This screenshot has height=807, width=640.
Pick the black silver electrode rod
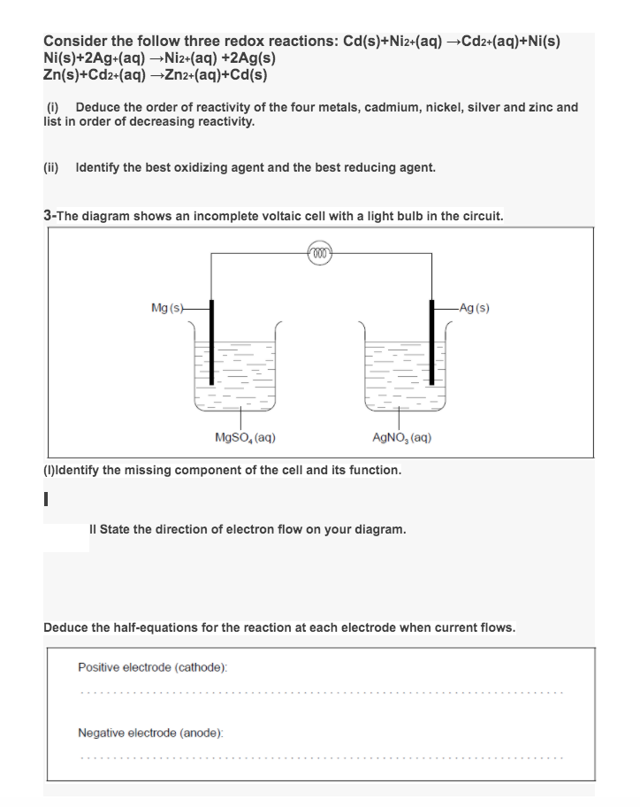431,341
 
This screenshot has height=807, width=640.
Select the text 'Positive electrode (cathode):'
153,665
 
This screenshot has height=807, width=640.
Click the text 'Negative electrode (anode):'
150,733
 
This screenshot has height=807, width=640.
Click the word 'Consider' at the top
75,42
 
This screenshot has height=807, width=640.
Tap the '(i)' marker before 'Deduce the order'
52,107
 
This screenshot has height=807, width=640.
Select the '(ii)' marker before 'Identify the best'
54,166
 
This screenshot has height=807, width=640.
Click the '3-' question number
50,215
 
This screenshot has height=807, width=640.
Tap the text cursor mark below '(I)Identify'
47,501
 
